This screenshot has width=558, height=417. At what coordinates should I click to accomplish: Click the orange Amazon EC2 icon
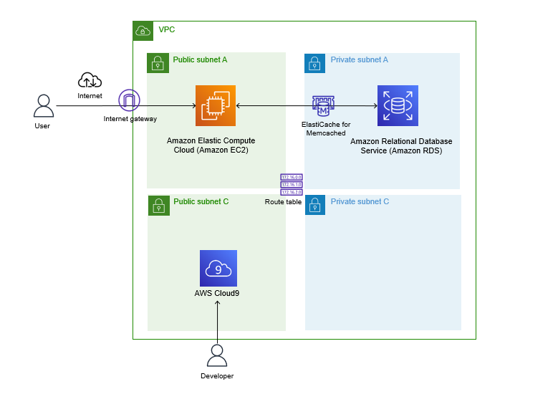coord(216,105)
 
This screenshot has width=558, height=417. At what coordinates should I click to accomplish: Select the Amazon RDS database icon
coord(398,105)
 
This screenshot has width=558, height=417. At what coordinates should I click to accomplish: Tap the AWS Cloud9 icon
coord(218,268)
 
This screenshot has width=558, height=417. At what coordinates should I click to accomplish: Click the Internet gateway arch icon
coord(130,101)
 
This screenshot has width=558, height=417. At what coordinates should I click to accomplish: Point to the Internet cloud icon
coord(90,81)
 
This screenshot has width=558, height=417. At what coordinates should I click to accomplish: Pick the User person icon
coord(43,106)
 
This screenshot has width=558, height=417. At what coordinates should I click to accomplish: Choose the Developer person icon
coord(216,356)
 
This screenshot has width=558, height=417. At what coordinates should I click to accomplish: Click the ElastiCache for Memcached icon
coord(323,106)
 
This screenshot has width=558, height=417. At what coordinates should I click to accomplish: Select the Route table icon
coord(292,184)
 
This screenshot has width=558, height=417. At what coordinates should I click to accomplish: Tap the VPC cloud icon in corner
coord(143,31)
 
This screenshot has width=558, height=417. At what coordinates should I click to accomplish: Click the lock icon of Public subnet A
coord(158,63)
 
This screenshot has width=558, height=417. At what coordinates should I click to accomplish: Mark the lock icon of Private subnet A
coord(315,63)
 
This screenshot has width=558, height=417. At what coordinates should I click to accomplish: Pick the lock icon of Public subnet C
coord(158,205)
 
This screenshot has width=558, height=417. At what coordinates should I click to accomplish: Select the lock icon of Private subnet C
coord(315,205)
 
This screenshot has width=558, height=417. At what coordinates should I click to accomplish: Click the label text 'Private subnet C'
coord(360,202)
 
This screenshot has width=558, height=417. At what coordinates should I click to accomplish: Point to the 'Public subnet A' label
coord(200,59)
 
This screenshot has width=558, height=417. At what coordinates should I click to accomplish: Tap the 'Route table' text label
coord(283,202)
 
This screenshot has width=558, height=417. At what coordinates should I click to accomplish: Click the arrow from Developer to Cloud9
coord(218,319)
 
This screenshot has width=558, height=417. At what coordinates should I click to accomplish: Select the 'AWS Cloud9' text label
coord(218,293)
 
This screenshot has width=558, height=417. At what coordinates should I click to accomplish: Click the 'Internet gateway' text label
coord(130,119)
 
